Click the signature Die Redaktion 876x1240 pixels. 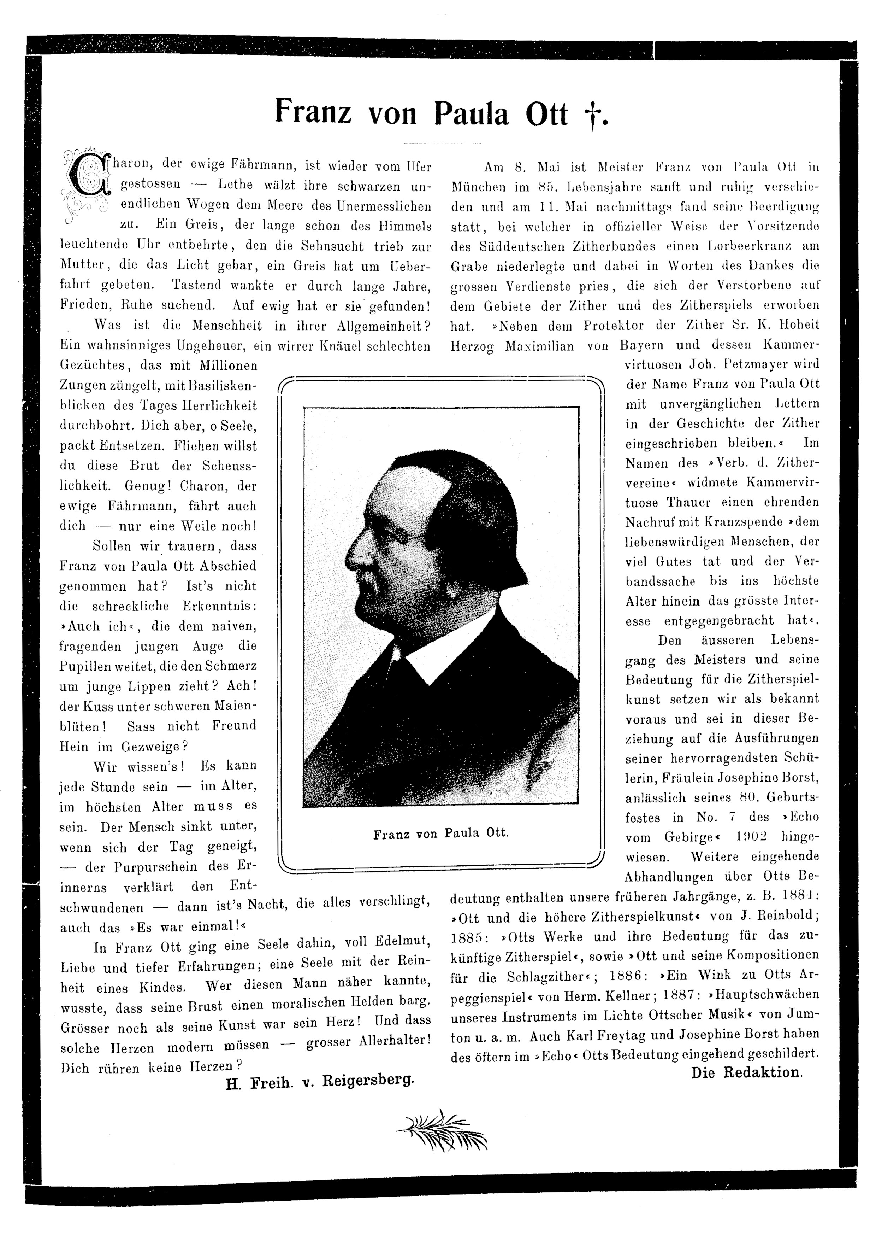[746, 1072]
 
